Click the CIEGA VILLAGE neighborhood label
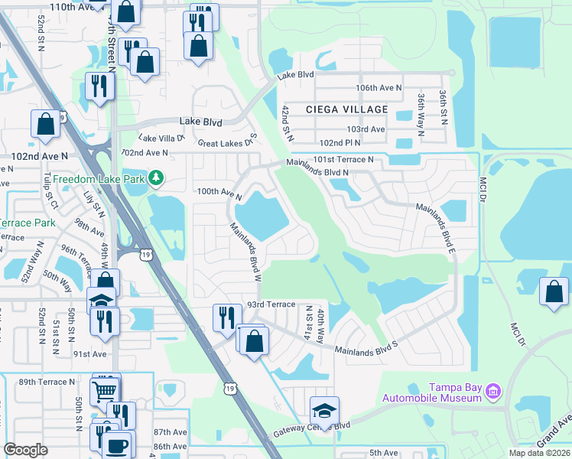pyautogui.click(x=346, y=109)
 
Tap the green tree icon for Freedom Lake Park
pyautogui.click(x=157, y=177)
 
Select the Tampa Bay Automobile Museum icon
pyautogui.click(x=492, y=392)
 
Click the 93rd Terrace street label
pyautogui.click(x=271, y=304)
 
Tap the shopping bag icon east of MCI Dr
pyautogui.click(x=554, y=291)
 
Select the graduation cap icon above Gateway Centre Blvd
pyautogui.click(x=324, y=410)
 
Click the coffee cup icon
pyautogui.click(x=117, y=445)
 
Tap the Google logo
pyautogui.click(x=25, y=450)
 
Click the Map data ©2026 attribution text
pyautogui.click(x=539, y=453)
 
